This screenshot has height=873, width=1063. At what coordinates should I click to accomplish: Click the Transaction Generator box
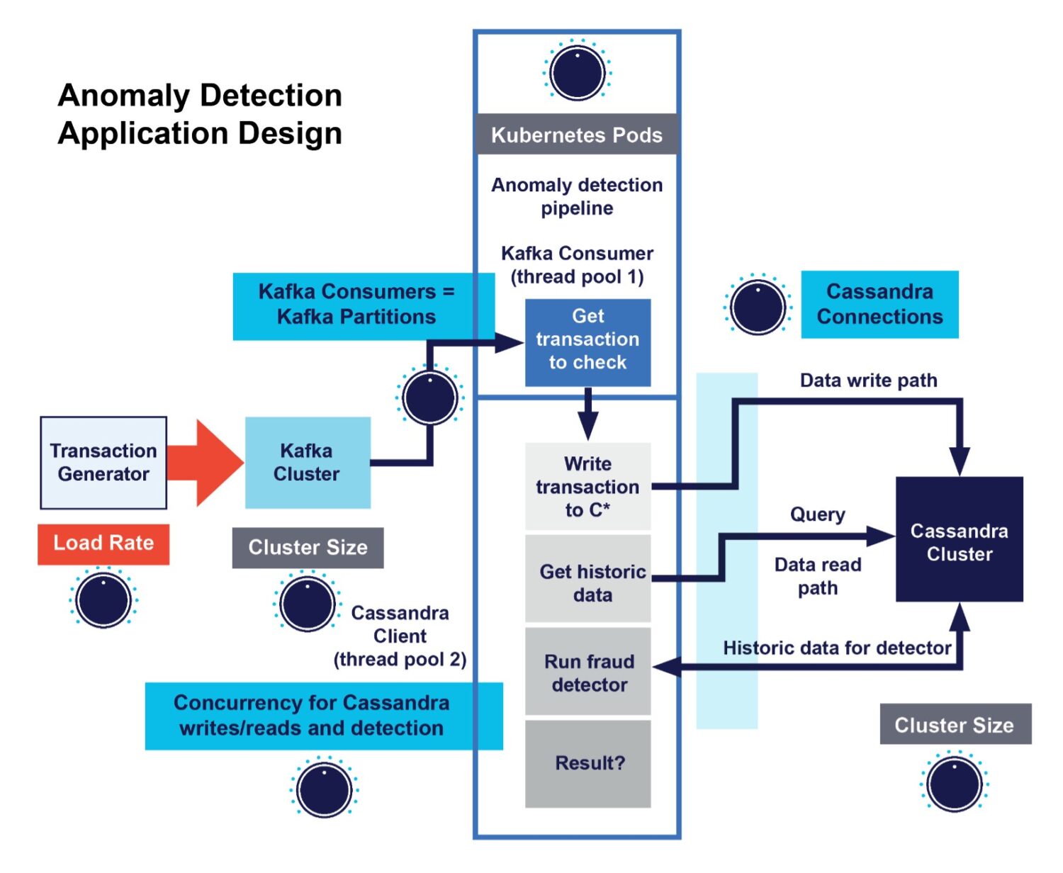(103, 463)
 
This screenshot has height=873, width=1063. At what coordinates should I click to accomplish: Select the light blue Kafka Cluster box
(308, 463)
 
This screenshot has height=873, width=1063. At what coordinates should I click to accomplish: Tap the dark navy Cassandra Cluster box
(959, 539)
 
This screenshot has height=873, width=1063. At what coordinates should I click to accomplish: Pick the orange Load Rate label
(103, 543)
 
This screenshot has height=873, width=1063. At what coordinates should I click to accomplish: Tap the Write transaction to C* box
(587, 487)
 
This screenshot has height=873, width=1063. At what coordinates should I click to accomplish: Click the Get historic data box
(587, 579)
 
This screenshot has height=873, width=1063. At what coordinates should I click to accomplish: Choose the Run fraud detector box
(587, 671)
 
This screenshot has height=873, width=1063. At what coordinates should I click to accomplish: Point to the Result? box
(587, 763)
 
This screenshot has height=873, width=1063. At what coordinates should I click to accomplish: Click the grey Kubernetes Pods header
(577, 135)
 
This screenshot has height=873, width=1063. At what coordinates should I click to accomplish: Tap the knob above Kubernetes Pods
(577, 72)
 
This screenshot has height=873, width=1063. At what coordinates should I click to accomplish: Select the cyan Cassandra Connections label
(879, 304)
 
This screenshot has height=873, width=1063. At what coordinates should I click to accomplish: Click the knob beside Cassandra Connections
(758, 306)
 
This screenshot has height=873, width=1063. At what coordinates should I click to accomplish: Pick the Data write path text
(868, 381)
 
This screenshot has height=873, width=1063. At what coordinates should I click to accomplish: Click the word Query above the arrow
(817, 514)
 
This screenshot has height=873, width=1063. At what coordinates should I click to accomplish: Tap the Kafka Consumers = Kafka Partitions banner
(356, 305)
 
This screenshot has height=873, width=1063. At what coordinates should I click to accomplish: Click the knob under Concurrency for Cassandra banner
(324, 789)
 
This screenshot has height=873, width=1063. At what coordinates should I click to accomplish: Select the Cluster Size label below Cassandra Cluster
(955, 724)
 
